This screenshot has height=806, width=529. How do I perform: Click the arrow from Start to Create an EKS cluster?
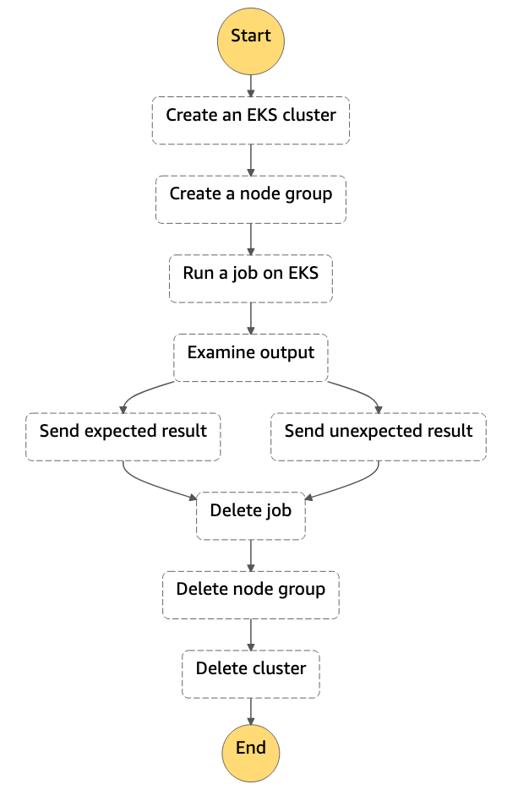click(x=251, y=85)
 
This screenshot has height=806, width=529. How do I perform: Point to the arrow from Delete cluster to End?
click(x=251, y=710)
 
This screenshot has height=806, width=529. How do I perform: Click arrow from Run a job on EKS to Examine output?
click(x=251, y=318)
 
